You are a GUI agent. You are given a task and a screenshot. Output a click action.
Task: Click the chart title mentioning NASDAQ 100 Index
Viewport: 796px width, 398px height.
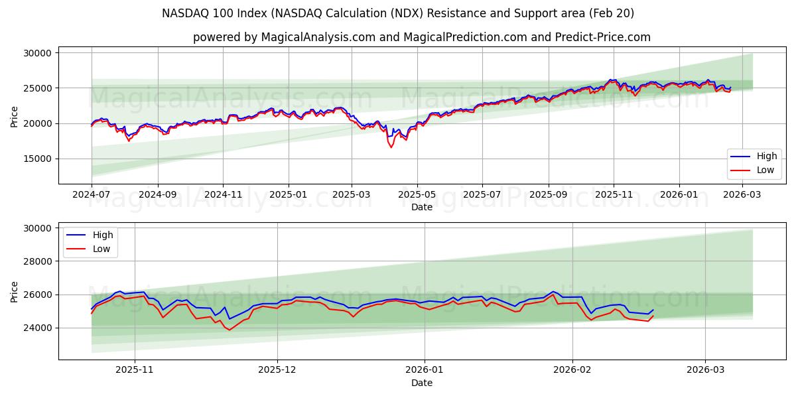tap(398, 13)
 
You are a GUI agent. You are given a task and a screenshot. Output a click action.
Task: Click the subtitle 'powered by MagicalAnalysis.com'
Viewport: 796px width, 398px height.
tap(421, 37)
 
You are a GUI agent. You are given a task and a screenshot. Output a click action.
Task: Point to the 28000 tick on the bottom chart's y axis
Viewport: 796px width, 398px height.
tap(38, 261)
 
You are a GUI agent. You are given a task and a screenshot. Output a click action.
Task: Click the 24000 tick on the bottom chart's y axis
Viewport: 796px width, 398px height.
tap(38, 328)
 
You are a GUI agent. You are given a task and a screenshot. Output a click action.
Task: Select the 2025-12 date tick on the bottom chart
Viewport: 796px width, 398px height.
tap(277, 369)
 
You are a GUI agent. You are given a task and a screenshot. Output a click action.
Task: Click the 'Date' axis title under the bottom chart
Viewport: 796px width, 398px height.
tap(421, 383)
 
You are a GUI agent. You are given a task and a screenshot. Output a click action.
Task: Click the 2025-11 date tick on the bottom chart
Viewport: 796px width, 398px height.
tap(135, 369)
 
